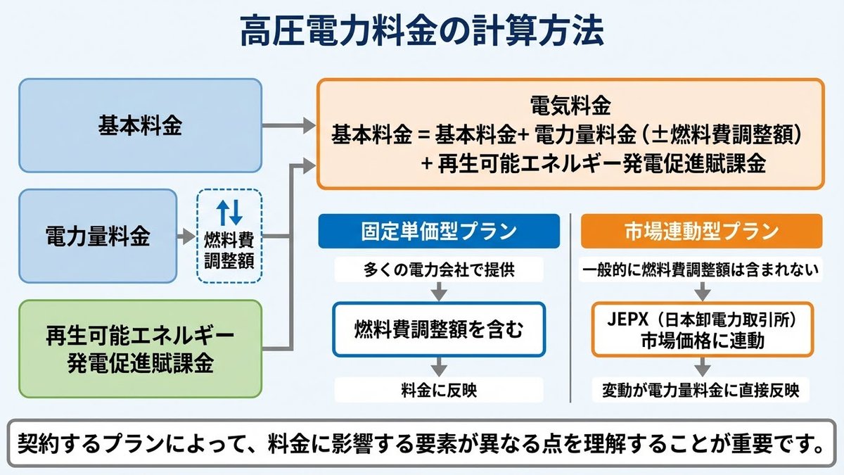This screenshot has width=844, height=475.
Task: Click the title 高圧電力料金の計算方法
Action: pos(421,31)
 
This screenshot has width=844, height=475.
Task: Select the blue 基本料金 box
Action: pos(140,125)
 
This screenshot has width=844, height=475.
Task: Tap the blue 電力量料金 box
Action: pos(98,236)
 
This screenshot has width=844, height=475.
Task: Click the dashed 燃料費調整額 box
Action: pos(229,236)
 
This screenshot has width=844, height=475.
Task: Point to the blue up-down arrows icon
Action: pos(229,213)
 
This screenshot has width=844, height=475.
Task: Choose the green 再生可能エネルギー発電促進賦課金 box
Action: pos(140,349)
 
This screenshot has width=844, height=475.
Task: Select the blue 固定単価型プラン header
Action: pos(439,231)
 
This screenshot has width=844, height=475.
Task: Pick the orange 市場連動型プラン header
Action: pos(702,231)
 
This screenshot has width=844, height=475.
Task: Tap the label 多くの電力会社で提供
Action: pos(439,270)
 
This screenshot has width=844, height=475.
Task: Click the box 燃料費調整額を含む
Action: pos(439,329)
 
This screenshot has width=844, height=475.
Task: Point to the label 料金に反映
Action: pos(439,390)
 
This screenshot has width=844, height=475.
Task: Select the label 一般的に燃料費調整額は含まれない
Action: pos(701,270)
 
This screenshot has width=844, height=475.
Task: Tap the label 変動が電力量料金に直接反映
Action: pos(701,390)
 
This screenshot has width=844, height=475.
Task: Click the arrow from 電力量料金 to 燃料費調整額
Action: pos(186,236)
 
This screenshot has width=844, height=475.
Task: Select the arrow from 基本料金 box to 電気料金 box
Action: pos(289,125)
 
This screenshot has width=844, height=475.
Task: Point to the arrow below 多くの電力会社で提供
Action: pos(439,291)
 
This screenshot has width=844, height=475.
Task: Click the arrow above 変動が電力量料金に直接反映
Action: pos(703,367)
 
